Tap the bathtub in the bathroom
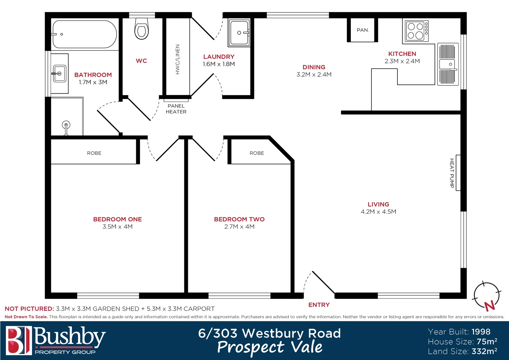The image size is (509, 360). click(x=85, y=35)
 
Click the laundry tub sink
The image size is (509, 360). click(x=239, y=33)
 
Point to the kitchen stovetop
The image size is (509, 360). click(x=417, y=31)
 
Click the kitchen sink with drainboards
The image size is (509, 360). click(x=448, y=64)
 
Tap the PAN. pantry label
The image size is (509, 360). click(x=363, y=30)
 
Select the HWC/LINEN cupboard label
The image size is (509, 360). click(x=178, y=59)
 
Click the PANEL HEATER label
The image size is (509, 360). click(x=176, y=109)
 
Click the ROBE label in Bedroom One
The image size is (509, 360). click(x=94, y=153)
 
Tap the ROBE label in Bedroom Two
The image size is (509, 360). click(x=257, y=153)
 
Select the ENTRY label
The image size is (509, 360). click(x=319, y=305)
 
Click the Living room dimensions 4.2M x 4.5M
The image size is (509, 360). click(x=378, y=212)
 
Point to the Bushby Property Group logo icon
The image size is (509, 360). click(x=19, y=340)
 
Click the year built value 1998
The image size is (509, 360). click(x=481, y=332)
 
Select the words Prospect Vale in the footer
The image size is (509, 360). click(x=270, y=347)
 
